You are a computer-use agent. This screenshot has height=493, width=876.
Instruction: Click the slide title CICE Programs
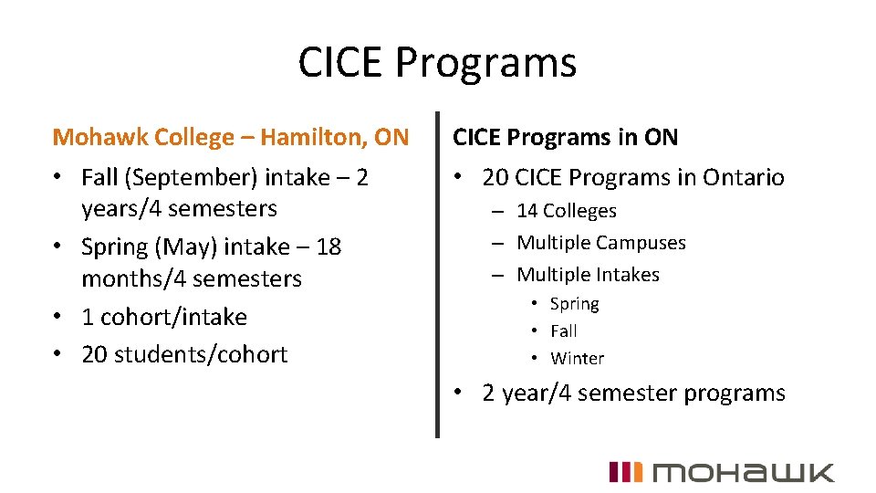click(437, 64)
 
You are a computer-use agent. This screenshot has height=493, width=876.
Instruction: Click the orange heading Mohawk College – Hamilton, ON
click(231, 138)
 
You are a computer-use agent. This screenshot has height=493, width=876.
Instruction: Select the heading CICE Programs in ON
click(566, 138)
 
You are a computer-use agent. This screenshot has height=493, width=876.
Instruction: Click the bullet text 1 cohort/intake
click(164, 317)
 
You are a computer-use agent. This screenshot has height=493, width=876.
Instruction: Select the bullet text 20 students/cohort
click(184, 354)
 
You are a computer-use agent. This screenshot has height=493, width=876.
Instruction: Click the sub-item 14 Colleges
click(566, 211)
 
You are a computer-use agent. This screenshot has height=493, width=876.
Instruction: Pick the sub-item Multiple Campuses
click(600, 243)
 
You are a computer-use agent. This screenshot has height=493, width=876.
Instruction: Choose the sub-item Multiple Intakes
click(588, 275)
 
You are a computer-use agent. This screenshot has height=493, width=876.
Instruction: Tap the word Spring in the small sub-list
click(574, 304)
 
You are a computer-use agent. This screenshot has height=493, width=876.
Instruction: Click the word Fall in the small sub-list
click(563, 331)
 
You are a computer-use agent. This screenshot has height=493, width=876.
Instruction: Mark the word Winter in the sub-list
click(577, 359)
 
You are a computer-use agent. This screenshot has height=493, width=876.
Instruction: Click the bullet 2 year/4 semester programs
click(633, 393)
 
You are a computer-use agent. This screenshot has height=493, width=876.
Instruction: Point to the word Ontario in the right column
click(743, 177)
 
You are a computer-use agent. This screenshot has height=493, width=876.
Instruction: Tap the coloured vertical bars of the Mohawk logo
click(626, 472)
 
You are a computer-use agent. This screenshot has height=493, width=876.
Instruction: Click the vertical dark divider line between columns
click(437, 274)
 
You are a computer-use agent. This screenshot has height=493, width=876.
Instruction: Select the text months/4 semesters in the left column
click(191, 278)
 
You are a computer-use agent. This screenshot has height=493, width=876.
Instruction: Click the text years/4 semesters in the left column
click(179, 208)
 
